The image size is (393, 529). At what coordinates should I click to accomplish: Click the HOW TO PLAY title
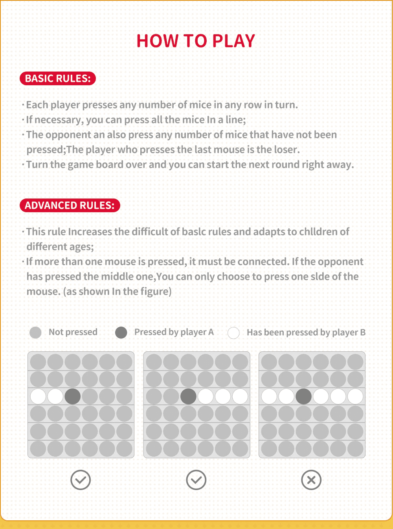pyautogui.click(x=196, y=41)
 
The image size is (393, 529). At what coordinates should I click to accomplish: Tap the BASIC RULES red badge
pyautogui.click(x=58, y=79)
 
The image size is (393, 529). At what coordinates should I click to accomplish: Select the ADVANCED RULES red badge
pyautogui.click(x=70, y=206)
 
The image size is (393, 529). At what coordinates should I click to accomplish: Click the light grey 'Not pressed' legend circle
pyautogui.click(x=35, y=332)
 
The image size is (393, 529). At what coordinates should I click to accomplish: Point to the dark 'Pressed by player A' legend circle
pyautogui.click(x=121, y=332)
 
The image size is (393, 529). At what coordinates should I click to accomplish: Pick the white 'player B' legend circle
pyautogui.click(x=233, y=333)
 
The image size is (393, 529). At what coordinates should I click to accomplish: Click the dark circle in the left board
pyautogui.click(x=72, y=397)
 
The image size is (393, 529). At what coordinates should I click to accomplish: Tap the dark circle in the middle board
pyautogui.click(x=188, y=397)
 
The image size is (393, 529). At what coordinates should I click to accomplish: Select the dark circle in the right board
pyautogui.click(x=303, y=397)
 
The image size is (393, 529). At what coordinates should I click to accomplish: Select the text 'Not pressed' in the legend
pyautogui.click(x=73, y=332)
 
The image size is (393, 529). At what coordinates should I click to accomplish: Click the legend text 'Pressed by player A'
pyautogui.click(x=174, y=332)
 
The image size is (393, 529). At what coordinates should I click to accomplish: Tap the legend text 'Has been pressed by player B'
pyautogui.click(x=306, y=332)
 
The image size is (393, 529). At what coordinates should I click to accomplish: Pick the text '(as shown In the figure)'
pyautogui.click(x=117, y=292)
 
